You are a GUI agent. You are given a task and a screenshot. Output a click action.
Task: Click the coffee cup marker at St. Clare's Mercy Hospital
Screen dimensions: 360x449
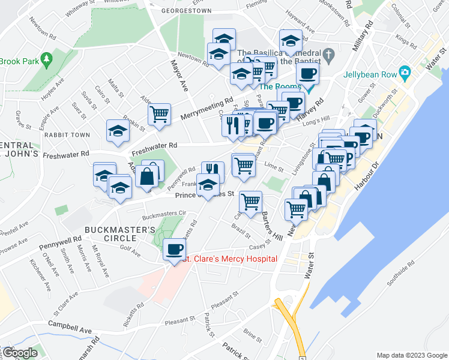pyautogui.click(x=175, y=249)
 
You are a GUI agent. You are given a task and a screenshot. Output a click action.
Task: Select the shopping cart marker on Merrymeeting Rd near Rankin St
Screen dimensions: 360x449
pyautogui.click(x=159, y=113)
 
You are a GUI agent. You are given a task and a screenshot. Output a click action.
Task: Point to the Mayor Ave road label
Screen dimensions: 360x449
pyautogui.click(x=179, y=75)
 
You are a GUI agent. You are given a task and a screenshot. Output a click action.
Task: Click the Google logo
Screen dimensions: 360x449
pyautogui.click(x=19, y=353)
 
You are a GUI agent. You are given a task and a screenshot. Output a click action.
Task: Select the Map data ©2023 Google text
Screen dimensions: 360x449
pyautogui.click(x=411, y=355)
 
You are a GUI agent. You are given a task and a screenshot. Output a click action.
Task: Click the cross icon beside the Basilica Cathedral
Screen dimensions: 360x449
pyautogui.click(x=328, y=56)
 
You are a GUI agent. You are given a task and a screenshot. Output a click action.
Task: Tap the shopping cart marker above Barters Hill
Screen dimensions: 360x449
pyautogui.click(x=250, y=201)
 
